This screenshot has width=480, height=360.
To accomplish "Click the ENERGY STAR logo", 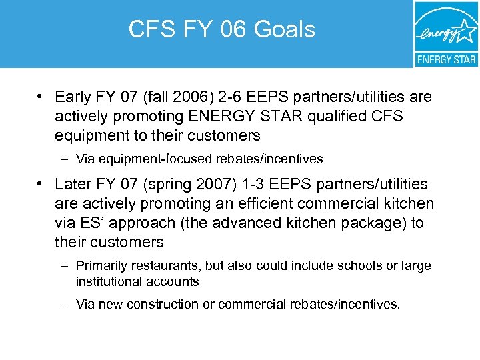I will [x=445, y=33].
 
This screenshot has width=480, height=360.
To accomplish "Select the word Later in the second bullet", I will [x=73, y=185].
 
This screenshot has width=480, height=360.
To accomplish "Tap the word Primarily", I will [x=101, y=266].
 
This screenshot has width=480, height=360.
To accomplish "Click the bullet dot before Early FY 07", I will [x=41, y=97].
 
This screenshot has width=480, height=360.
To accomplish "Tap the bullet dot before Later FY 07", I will [x=41, y=185].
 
